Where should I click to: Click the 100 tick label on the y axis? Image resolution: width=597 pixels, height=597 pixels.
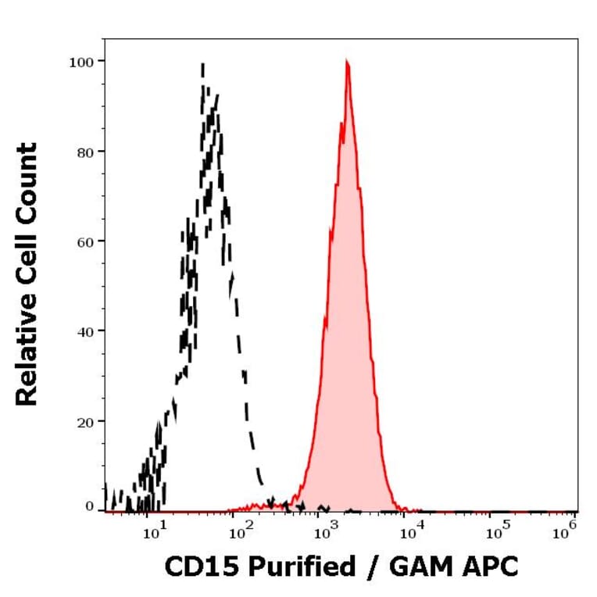pyautogui.click(x=81, y=61)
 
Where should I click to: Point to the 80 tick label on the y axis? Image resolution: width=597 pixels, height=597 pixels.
pyautogui.click(x=84, y=152)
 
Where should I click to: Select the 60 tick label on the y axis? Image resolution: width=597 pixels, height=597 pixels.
pyautogui.click(x=84, y=241)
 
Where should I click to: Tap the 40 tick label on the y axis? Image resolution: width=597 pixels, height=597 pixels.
pyautogui.click(x=84, y=331)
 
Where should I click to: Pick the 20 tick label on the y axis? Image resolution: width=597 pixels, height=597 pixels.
pyautogui.click(x=84, y=421)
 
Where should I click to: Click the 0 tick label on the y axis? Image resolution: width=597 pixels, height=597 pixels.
pyautogui.click(x=89, y=506)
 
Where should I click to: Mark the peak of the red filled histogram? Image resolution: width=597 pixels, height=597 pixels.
pyautogui.click(x=346, y=63)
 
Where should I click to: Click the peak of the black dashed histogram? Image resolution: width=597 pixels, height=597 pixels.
pyautogui.click(x=203, y=65)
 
